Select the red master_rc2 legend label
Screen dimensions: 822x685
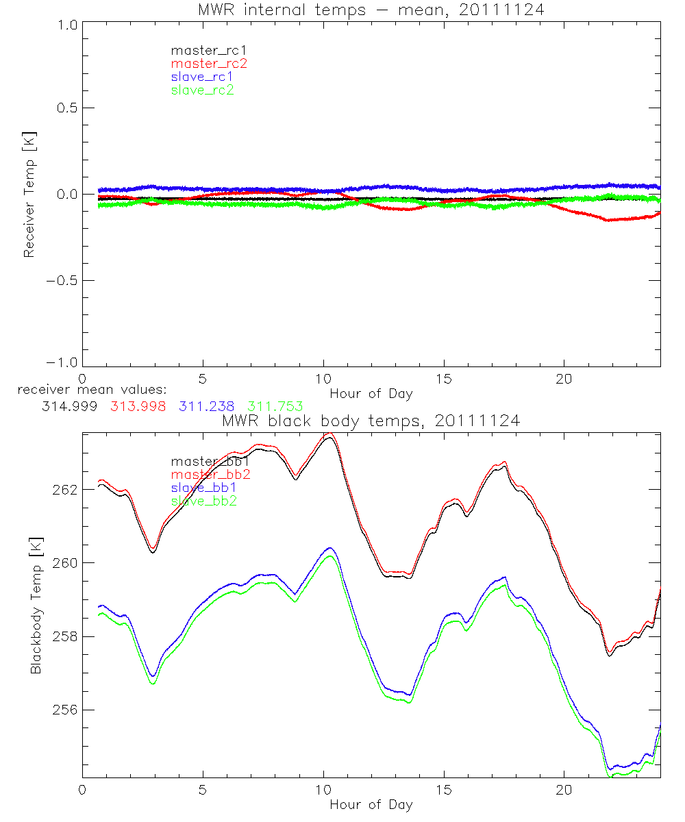[208, 64]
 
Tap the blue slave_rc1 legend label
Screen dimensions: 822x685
[202, 77]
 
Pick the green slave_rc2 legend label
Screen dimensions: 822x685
[202, 90]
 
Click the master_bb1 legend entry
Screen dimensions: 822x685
[210, 462]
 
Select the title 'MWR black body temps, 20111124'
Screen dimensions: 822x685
[371, 421]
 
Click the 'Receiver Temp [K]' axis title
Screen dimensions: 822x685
[29, 195]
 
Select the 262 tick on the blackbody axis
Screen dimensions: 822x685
[64, 490]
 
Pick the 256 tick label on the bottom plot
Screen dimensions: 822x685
[64, 710]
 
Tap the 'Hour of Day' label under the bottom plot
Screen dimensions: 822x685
[371, 804]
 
